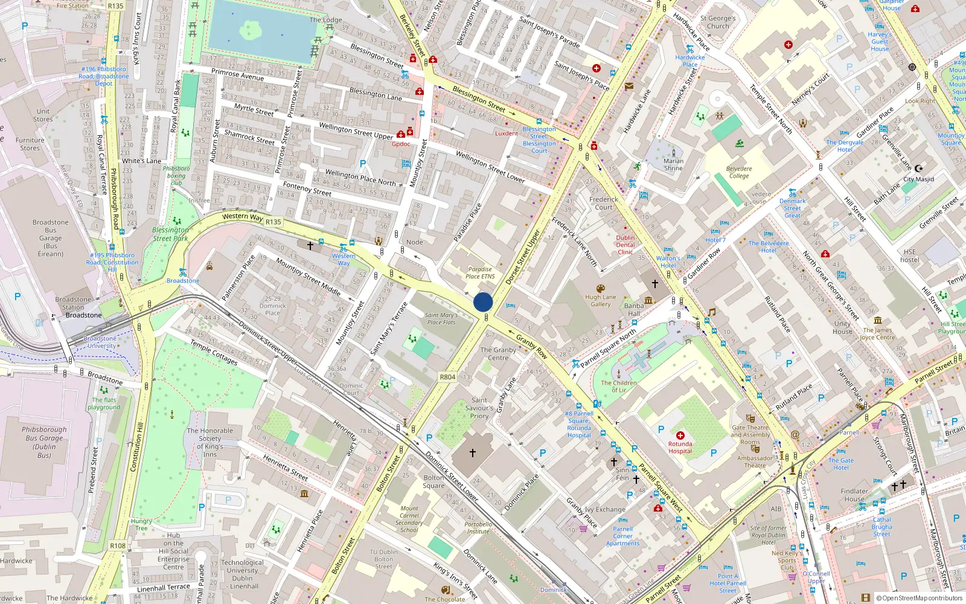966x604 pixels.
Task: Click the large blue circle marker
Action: point(483,302)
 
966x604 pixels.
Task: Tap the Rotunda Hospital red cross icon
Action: point(680,435)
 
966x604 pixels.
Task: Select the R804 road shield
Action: point(447,377)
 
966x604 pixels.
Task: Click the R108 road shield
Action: point(118,546)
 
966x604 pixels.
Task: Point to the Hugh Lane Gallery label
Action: point(601,300)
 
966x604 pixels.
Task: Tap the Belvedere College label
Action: point(739,172)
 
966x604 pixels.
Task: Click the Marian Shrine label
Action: point(673,164)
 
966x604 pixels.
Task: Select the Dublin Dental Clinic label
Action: point(625,245)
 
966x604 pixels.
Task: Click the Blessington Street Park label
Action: point(170,234)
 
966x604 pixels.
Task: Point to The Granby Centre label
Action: point(498,353)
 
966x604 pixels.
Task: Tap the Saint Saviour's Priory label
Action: point(479,408)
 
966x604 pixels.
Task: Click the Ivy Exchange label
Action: point(605,510)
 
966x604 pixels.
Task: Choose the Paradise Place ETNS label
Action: point(480,273)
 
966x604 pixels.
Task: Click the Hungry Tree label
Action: point(141,524)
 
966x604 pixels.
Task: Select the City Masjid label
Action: point(918,179)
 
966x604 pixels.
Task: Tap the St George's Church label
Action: point(718,22)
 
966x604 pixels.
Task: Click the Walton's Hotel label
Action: point(668,262)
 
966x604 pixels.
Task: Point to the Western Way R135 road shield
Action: point(273,222)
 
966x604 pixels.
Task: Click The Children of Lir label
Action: point(618,386)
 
